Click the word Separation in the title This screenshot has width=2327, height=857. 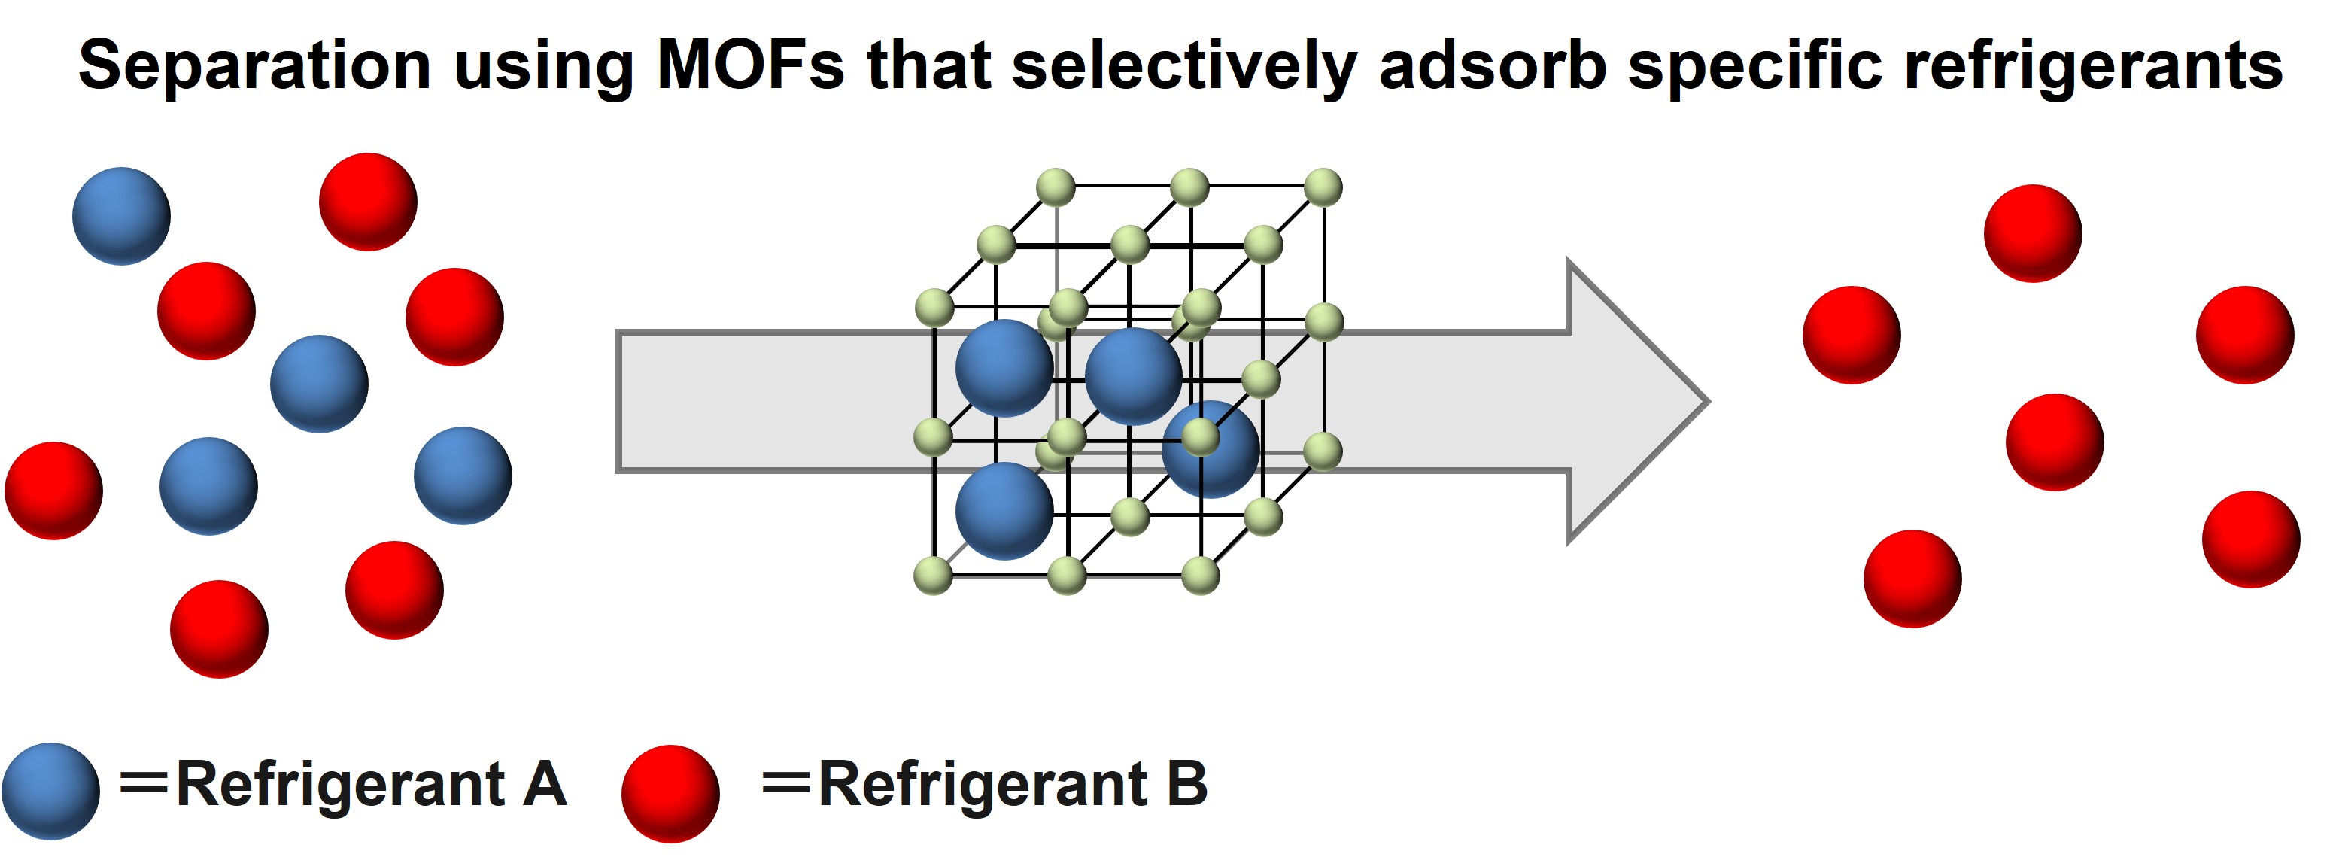point(255,67)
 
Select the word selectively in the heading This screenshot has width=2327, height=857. point(1184,67)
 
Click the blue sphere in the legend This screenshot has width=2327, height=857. point(50,791)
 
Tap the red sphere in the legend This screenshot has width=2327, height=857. point(670,793)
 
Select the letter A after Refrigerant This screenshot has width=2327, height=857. point(544,784)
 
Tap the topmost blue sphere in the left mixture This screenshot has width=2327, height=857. point(121,216)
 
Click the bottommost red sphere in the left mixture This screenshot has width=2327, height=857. point(219,628)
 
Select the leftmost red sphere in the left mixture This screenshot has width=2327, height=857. point(53,491)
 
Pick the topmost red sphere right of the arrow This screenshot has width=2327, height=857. point(2033,233)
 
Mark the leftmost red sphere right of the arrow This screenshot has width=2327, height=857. point(1851,335)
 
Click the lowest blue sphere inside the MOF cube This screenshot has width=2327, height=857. point(1004,511)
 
